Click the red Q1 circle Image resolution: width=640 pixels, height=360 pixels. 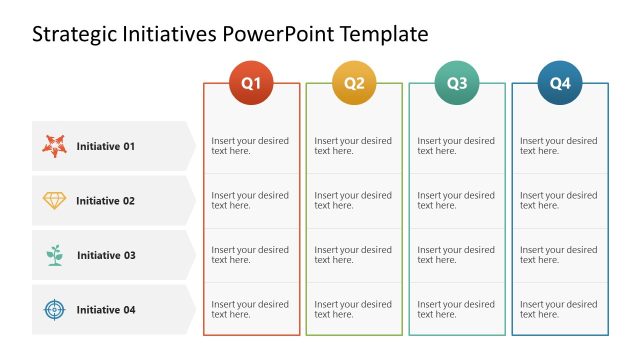pyautogui.click(x=251, y=83)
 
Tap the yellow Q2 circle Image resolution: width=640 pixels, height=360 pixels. pyautogui.click(x=354, y=83)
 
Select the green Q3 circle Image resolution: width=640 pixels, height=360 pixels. pyautogui.click(x=457, y=83)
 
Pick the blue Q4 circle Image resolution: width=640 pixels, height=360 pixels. pyautogui.click(x=560, y=83)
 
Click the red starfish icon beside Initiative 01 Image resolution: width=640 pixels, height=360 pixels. pyautogui.click(x=54, y=146)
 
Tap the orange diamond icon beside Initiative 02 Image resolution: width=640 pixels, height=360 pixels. pyautogui.click(x=54, y=200)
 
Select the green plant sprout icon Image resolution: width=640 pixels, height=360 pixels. pyautogui.click(x=54, y=255)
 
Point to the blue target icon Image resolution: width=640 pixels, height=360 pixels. pyautogui.click(x=54, y=309)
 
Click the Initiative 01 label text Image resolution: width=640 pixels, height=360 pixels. pyautogui.click(x=105, y=146)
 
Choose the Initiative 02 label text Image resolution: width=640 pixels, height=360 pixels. pyautogui.click(x=105, y=201)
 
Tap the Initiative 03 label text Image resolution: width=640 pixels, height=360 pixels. pyautogui.click(x=105, y=255)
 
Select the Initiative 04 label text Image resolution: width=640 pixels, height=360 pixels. pyautogui.click(x=105, y=310)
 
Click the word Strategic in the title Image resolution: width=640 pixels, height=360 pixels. pyautogui.click(x=71, y=35)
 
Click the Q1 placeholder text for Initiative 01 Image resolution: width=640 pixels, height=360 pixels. pyautogui.click(x=250, y=146)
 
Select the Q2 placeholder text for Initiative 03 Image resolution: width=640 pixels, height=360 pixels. pyautogui.click(x=353, y=255)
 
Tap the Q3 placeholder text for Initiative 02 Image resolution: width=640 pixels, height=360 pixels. pyautogui.click(x=456, y=200)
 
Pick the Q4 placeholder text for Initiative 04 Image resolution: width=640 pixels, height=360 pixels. pyautogui.click(x=558, y=309)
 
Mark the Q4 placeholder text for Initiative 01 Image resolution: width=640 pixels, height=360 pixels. pyautogui.click(x=558, y=146)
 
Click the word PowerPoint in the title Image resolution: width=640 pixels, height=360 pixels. pyautogui.click(x=278, y=35)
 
